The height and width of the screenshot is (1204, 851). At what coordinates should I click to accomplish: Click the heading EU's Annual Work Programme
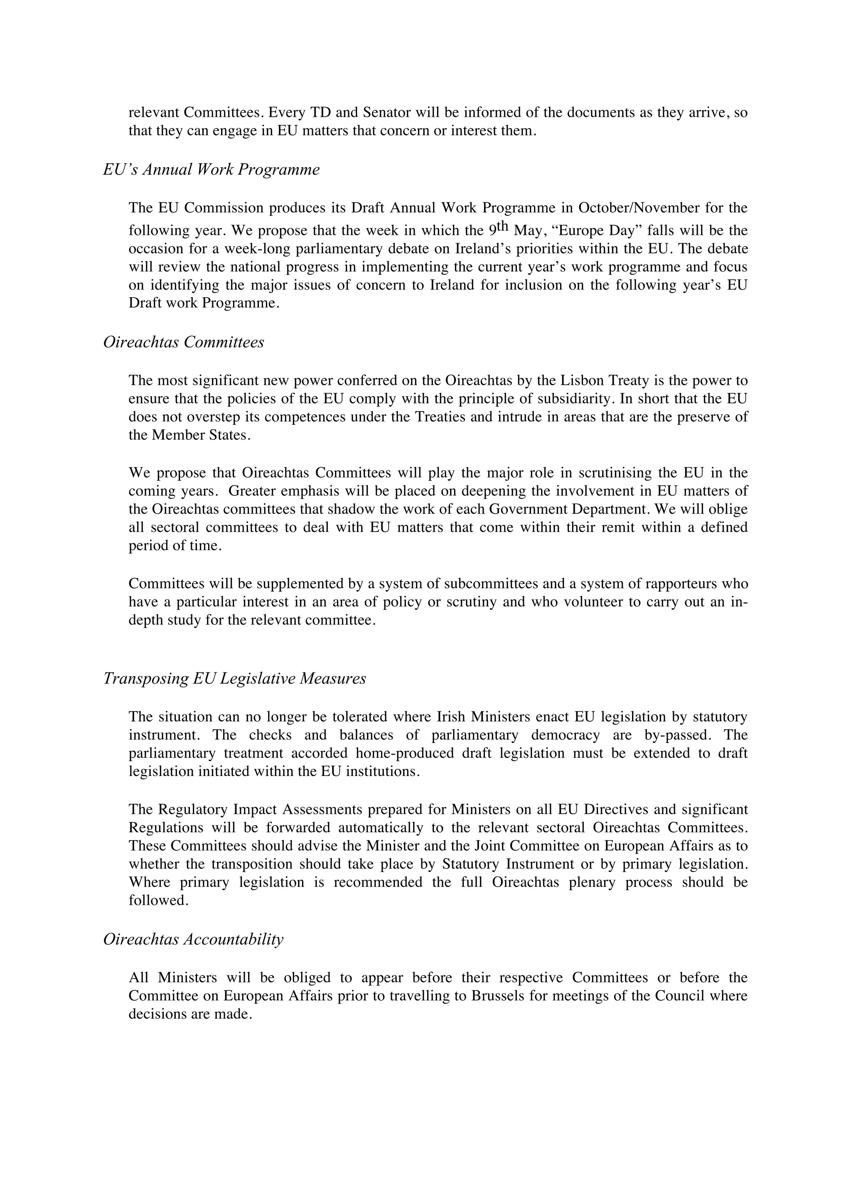212,170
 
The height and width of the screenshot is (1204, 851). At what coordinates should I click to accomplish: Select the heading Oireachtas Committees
184,342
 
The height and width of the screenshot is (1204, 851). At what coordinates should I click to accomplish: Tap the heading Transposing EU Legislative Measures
234,679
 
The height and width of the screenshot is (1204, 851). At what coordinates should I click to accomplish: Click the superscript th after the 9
503,227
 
